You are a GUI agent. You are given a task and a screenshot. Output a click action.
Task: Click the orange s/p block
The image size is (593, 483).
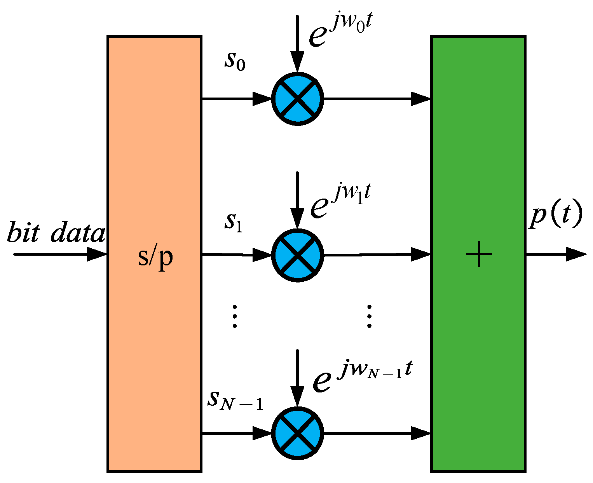click(154, 155)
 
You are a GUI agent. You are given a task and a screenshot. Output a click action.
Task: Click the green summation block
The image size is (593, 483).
click(478, 155)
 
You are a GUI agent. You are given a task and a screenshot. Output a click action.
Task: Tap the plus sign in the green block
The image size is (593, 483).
click(479, 254)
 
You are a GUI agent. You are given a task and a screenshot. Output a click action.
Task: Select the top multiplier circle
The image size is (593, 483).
click(298, 99)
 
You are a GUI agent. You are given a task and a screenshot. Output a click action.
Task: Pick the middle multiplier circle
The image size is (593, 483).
click(298, 255)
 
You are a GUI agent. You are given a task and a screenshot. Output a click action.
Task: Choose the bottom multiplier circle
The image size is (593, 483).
click(298, 433)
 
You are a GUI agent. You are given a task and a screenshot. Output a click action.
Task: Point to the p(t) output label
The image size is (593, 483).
click(556, 216)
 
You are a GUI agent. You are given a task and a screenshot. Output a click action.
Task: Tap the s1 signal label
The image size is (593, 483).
click(234, 222)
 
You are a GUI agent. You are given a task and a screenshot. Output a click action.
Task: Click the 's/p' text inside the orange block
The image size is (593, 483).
click(155, 256)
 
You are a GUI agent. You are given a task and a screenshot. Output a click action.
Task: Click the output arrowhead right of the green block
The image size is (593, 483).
click(576, 254)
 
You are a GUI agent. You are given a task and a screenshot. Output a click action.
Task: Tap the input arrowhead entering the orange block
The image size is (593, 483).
click(96, 254)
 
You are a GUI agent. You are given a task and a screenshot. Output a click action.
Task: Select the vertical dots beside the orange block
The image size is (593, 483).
click(234, 316)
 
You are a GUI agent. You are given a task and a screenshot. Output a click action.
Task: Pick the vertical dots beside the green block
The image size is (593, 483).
click(369, 316)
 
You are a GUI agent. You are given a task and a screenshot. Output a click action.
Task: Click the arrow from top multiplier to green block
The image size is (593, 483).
click(377, 99)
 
